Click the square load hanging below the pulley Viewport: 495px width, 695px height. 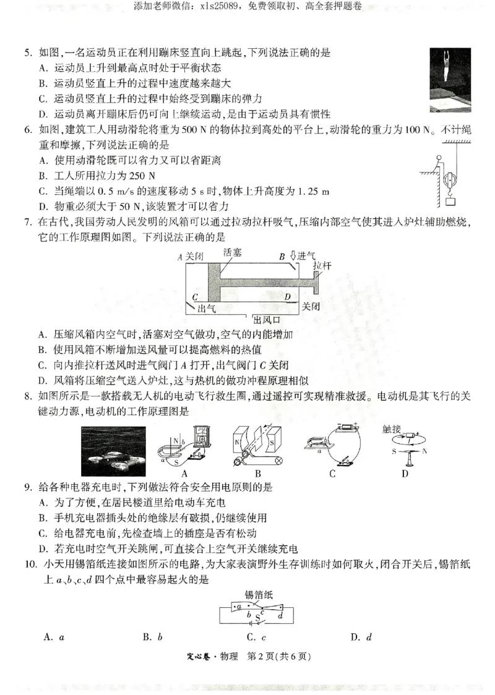(x=450, y=200)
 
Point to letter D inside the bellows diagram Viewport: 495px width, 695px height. (x=287, y=297)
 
